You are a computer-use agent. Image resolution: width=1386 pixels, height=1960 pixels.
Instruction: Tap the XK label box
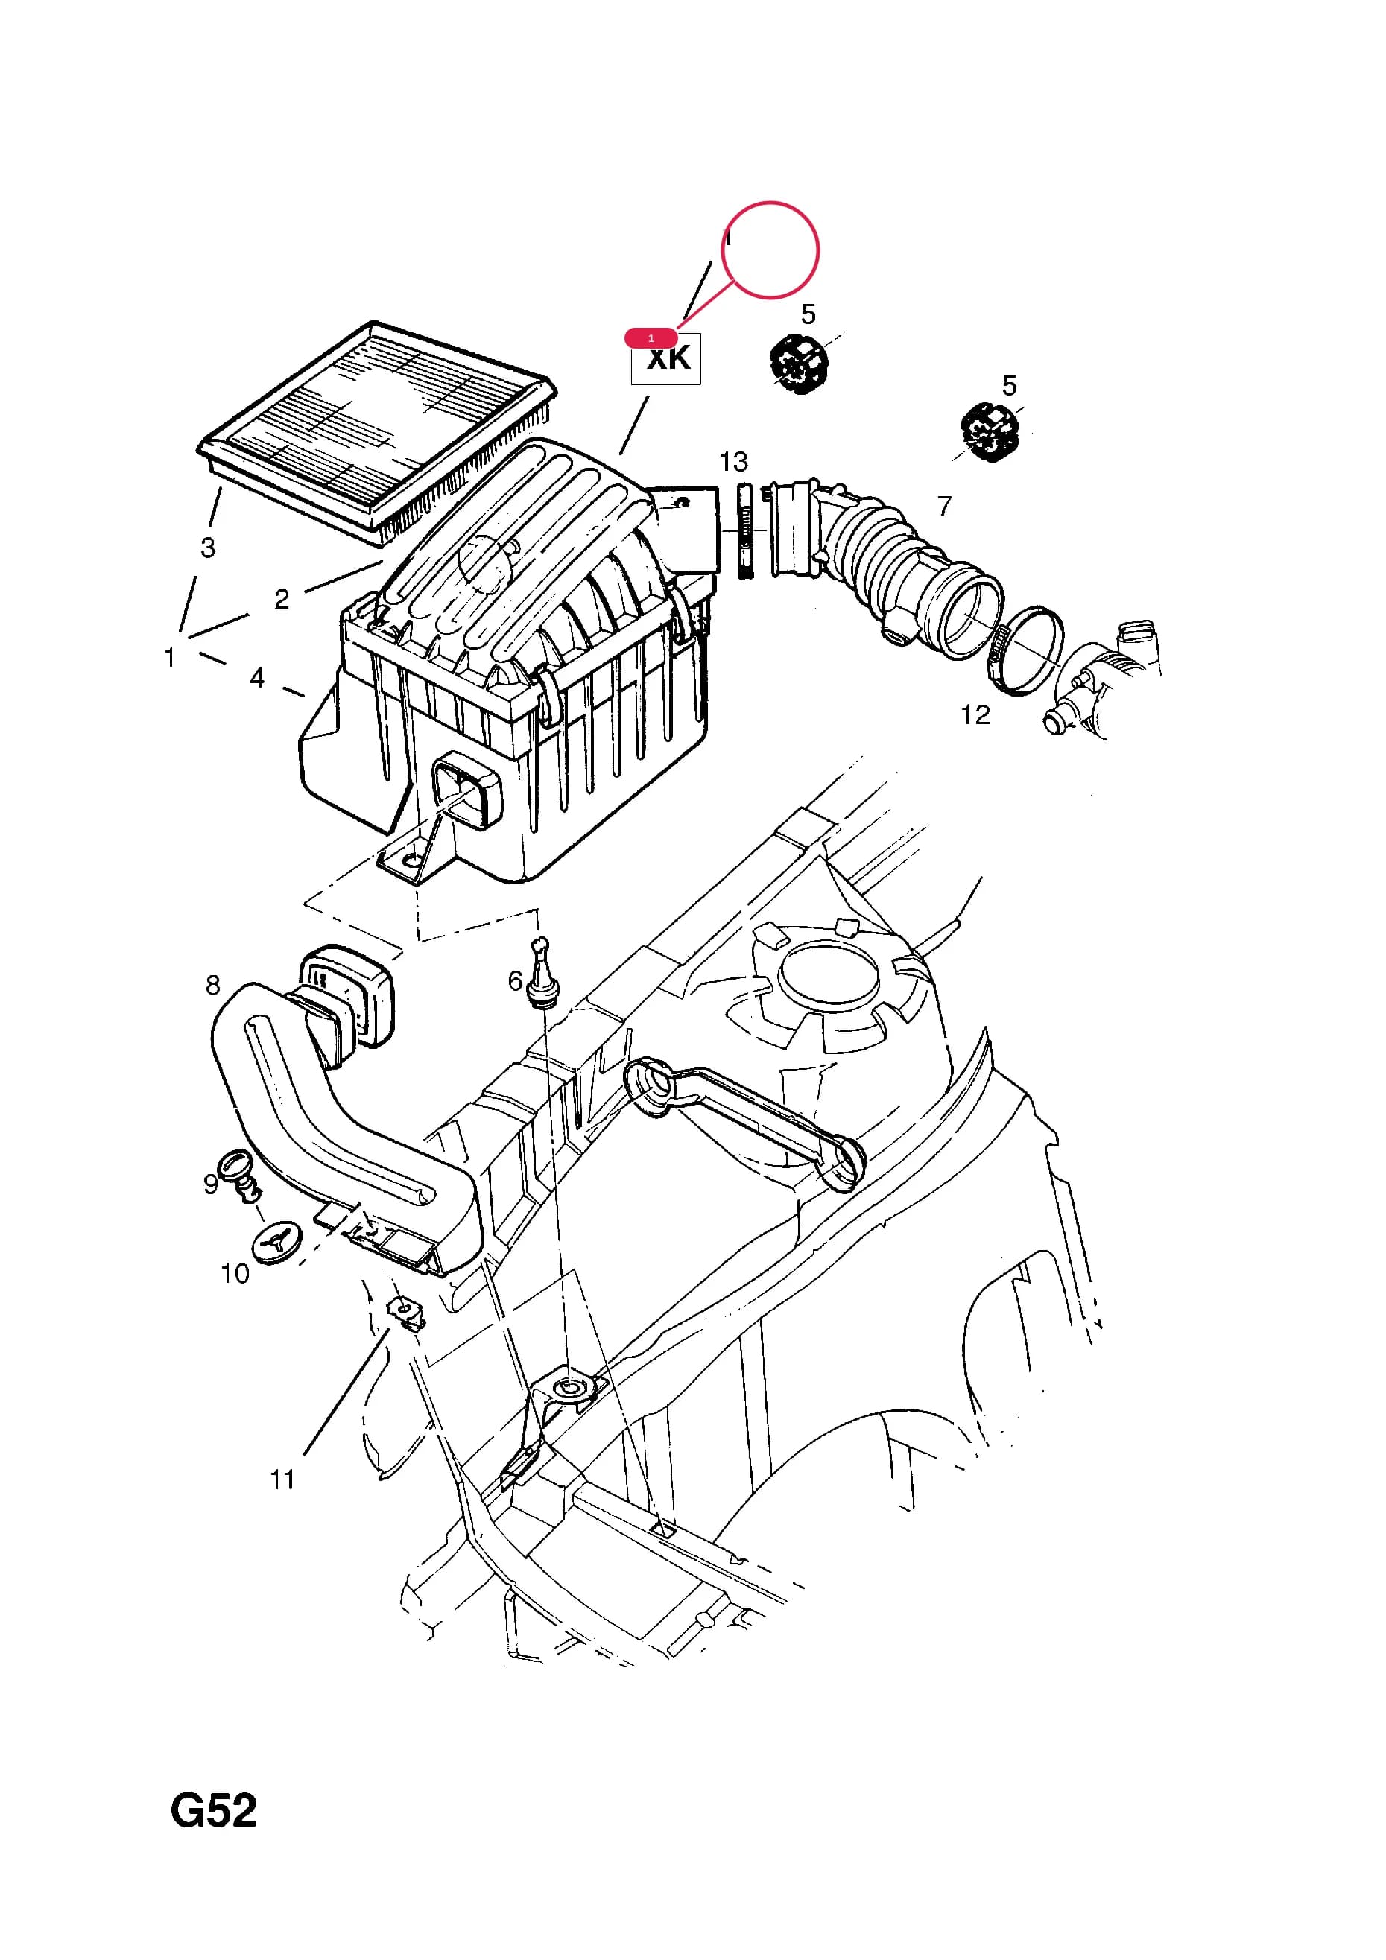tap(666, 358)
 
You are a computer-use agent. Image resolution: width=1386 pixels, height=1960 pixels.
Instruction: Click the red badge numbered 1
tap(651, 338)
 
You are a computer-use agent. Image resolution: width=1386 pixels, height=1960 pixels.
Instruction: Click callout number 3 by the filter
tap(207, 548)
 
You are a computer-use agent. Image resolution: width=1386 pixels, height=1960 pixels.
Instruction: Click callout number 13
tap(733, 462)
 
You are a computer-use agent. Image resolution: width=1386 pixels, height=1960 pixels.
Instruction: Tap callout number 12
tap(975, 714)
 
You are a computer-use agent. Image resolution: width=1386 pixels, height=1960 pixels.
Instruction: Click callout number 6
tap(515, 981)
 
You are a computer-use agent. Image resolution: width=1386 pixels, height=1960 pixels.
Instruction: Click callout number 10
tap(235, 1274)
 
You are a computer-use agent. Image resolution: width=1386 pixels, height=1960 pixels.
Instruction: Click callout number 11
tap(282, 1479)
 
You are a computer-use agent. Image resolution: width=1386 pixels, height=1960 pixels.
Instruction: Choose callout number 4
tap(257, 678)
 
